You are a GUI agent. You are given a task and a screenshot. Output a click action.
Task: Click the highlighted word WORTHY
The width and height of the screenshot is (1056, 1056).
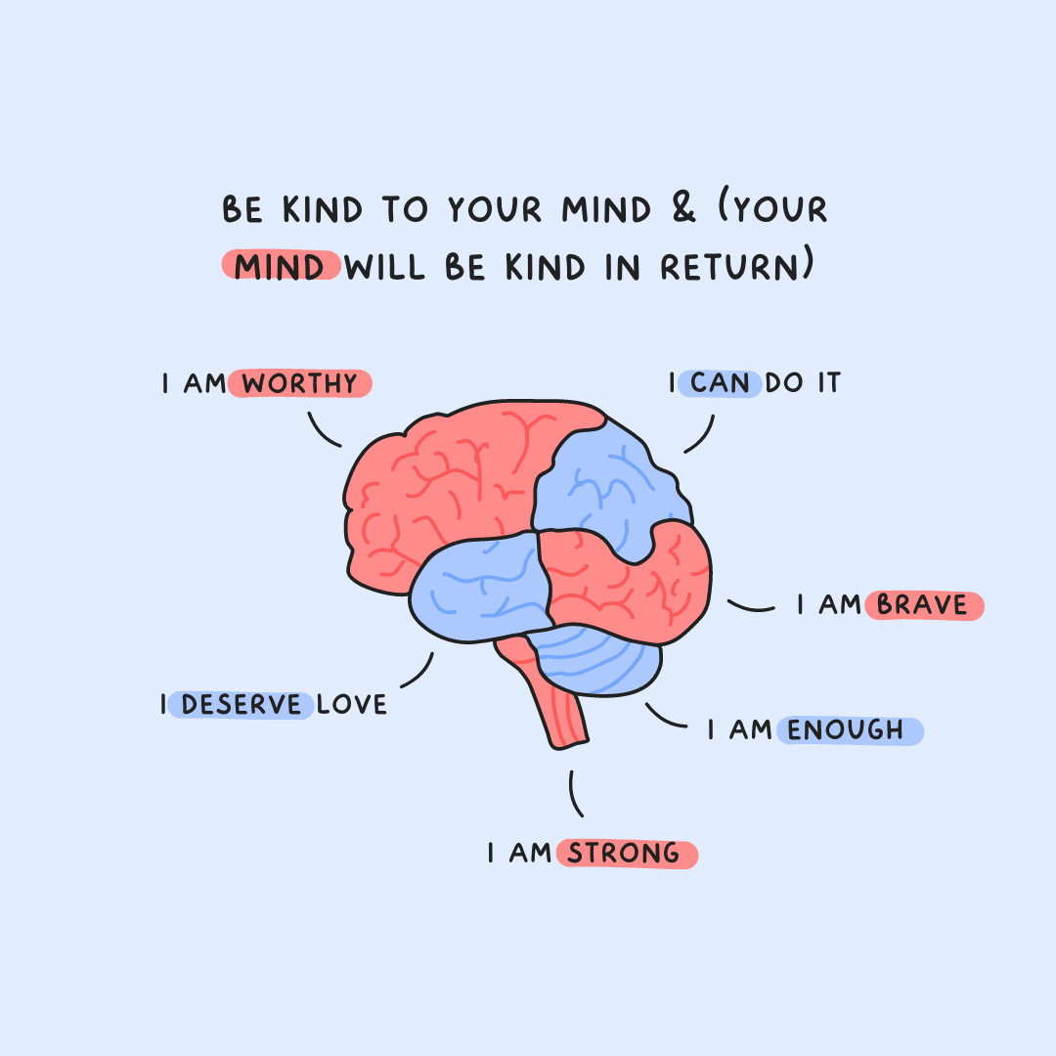tap(300, 384)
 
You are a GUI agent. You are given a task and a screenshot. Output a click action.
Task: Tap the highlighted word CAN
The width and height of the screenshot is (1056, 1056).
tap(720, 383)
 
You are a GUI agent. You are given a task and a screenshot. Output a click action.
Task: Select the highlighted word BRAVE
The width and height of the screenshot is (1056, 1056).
tap(922, 605)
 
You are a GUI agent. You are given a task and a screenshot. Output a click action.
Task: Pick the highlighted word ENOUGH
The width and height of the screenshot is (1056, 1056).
tap(847, 730)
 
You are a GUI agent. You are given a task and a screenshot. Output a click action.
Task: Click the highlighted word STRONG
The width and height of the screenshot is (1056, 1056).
tap(625, 854)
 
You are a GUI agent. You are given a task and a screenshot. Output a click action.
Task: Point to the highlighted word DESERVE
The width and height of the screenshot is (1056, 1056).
tap(241, 704)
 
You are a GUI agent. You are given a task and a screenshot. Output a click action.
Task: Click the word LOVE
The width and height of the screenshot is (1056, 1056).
tap(352, 704)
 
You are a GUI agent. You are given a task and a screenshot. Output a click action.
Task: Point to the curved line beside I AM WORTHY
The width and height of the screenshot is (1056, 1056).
tap(323, 430)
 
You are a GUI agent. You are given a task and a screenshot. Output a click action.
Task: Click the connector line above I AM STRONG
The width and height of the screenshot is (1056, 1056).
tap(575, 793)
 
